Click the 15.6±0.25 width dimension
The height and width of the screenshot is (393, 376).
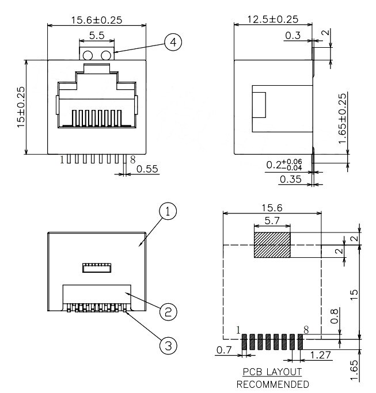(x=96, y=20)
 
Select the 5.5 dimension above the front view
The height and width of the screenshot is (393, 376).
(x=97, y=36)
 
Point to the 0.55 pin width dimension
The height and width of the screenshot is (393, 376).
(x=147, y=170)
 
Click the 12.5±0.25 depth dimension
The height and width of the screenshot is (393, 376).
(x=272, y=20)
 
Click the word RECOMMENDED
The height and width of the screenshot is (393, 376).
(x=272, y=384)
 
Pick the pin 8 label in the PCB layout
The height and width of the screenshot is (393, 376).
(x=307, y=330)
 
